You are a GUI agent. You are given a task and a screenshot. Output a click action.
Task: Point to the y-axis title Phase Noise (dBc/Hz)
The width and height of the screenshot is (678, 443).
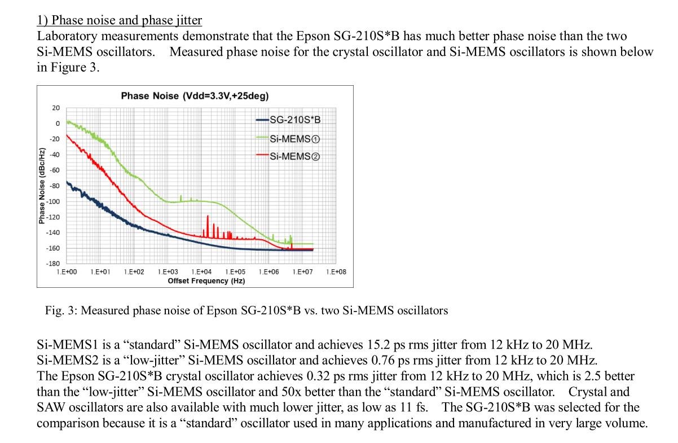42,186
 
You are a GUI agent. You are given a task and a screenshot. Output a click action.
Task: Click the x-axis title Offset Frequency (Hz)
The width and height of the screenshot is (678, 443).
206,280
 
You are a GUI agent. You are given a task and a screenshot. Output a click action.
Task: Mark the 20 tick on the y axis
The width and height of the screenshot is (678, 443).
56,108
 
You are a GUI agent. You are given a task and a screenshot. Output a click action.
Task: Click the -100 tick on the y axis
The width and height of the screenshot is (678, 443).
54,201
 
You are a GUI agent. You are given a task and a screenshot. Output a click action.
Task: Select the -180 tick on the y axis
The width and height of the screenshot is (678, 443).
54,264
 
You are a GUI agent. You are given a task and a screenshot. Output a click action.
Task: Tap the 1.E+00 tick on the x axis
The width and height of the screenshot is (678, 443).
67,272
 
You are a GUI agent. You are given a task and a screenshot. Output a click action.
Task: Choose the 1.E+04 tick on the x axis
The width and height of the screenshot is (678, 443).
201,272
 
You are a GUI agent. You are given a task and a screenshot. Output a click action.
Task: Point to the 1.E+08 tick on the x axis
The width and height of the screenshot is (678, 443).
336,272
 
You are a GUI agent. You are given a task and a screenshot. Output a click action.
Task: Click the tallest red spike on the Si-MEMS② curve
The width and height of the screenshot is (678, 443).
208,217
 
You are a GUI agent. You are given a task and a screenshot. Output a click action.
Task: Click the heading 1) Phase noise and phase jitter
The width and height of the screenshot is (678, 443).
120,20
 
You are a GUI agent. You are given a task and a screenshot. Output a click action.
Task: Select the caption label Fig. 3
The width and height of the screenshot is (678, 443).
56,310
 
